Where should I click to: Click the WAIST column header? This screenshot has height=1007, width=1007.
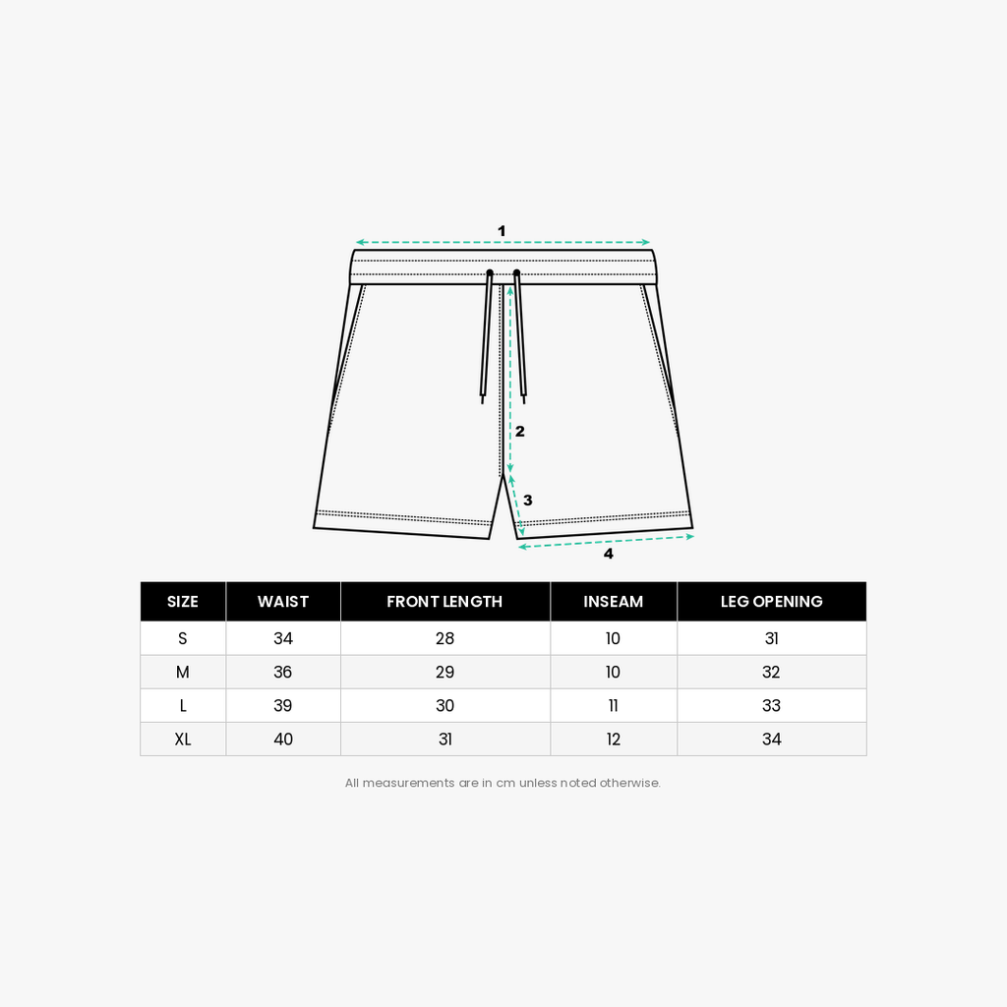click(x=282, y=602)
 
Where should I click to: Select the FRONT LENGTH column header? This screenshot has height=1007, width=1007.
click(x=444, y=602)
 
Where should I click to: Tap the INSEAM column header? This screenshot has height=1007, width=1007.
click(x=614, y=602)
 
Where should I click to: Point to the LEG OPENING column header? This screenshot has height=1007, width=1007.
click(x=771, y=602)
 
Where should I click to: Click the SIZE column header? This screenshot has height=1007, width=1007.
click(x=182, y=602)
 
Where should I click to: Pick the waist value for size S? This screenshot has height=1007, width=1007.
click(x=282, y=638)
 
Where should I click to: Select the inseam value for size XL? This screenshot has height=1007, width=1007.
click(x=614, y=740)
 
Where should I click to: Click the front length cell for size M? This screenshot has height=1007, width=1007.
click(x=444, y=672)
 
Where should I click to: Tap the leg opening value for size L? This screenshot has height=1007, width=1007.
click(x=771, y=705)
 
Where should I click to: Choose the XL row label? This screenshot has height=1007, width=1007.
click(x=182, y=740)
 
